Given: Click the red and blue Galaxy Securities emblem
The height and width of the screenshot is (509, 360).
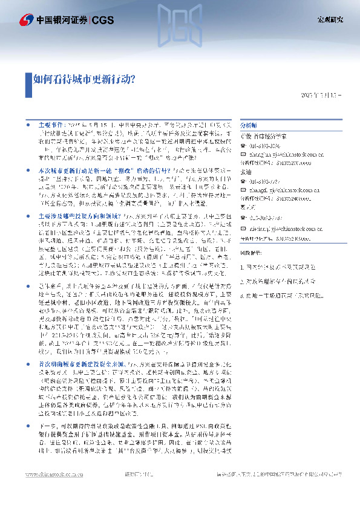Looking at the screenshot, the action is pos(26,20).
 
